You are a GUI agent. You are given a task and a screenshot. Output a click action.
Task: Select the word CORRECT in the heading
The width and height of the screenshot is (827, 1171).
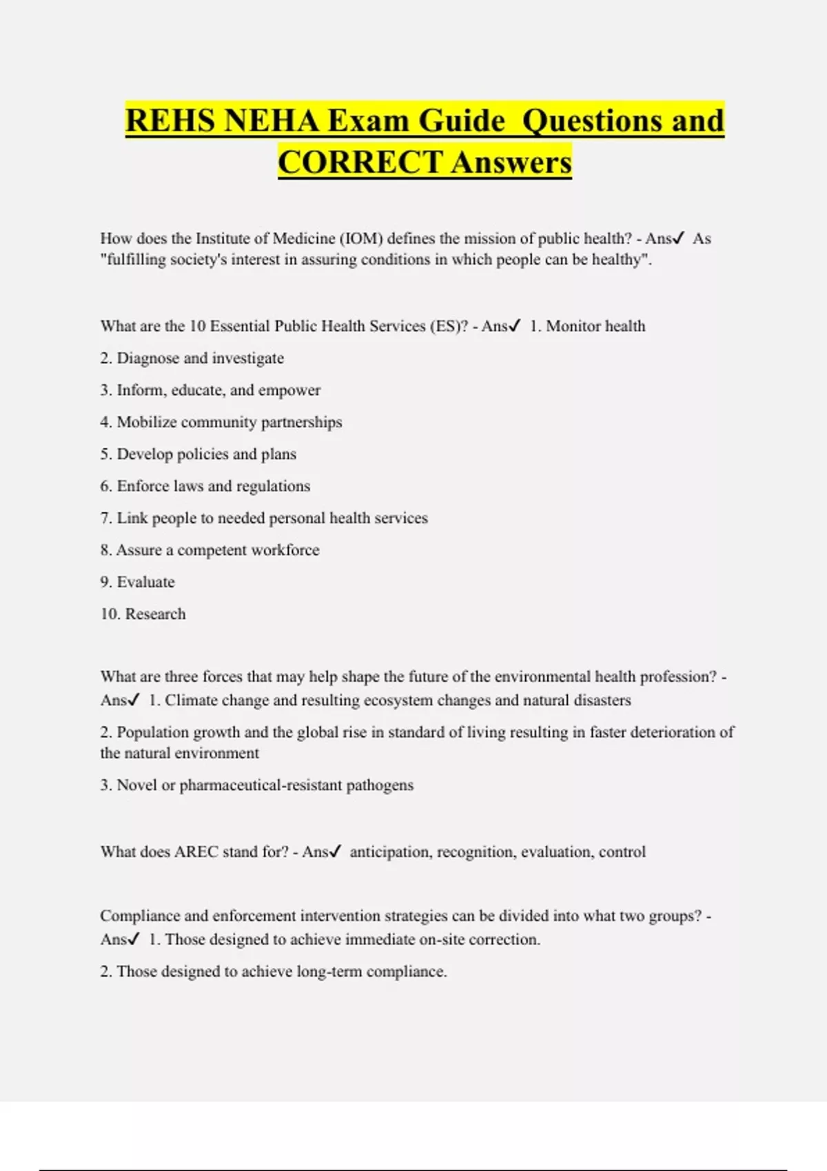pyautogui.click(x=360, y=163)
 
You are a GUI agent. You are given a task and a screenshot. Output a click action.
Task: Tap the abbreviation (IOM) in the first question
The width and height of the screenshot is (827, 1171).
pyautogui.click(x=360, y=238)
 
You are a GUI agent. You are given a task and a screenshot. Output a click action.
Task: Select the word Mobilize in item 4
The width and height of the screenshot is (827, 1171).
pyautogui.click(x=147, y=422)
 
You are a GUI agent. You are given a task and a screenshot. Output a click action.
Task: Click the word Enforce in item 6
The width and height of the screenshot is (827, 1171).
pyautogui.click(x=143, y=486)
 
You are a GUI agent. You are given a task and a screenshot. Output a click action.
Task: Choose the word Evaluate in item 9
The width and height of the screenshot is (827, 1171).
pyautogui.click(x=145, y=582)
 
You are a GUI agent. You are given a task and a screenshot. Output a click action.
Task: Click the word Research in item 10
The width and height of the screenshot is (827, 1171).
pyautogui.click(x=155, y=614)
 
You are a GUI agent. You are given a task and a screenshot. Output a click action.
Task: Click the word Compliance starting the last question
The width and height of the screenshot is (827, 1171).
pyautogui.click(x=140, y=915)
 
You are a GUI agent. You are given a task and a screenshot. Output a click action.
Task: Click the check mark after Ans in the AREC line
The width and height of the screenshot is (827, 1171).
pyautogui.click(x=335, y=851)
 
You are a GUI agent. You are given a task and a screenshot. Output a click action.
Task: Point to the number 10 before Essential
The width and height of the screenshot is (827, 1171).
pyautogui.click(x=197, y=326)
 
